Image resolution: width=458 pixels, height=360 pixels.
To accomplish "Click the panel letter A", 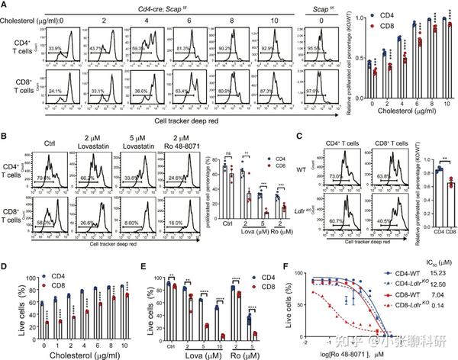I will [x=5, y=5].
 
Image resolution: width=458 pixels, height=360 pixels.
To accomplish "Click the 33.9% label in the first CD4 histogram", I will [x=54, y=69].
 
